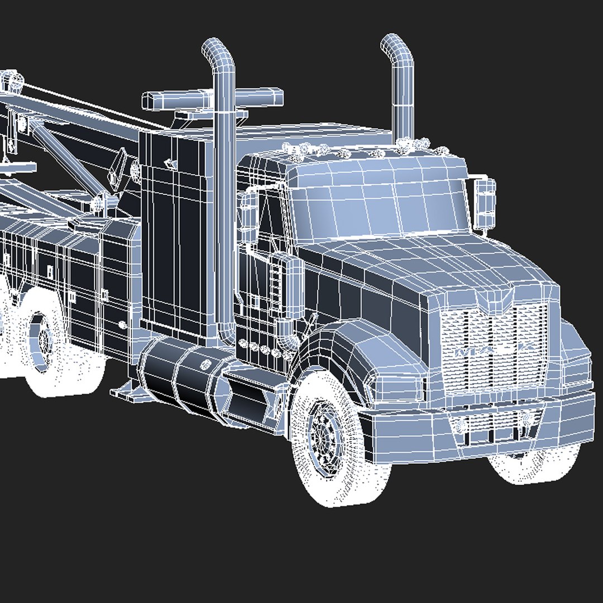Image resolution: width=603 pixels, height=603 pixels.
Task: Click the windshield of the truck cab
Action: click(380, 201)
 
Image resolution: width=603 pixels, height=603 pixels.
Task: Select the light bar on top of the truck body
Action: click(212, 98)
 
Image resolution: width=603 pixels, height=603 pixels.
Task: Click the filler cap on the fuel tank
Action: click(205, 366)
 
